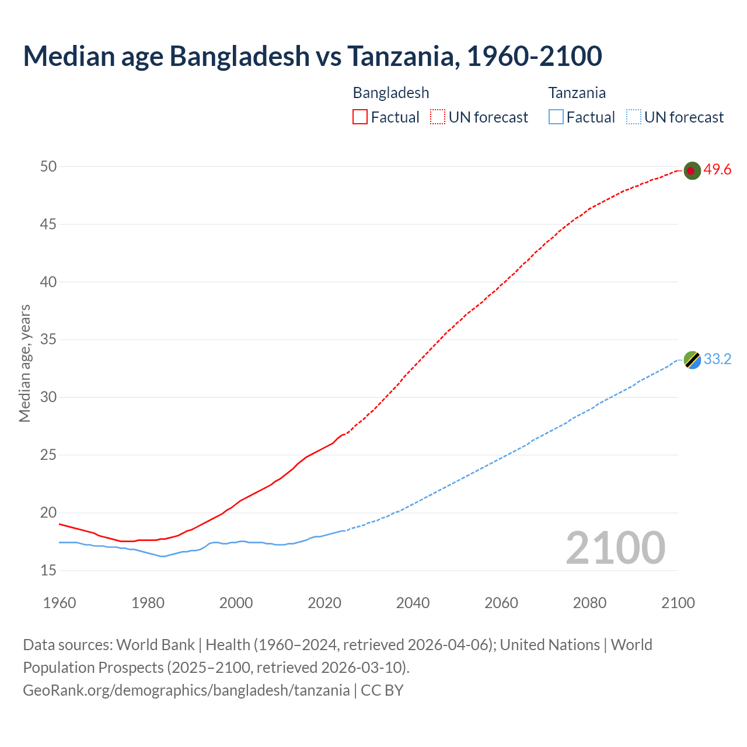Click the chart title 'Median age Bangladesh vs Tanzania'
tap(312, 56)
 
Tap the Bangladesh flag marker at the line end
tap(692, 170)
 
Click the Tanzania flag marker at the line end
tap(692, 360)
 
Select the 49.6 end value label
tap(717, 170)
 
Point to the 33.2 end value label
tap(717, 359)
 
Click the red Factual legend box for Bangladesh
tap(360, 117)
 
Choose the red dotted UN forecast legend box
tap(438, 117)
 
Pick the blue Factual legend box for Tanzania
tap(556, 117)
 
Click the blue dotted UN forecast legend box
tap(634, 117)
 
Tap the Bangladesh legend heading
tap(391, 93)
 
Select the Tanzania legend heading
tap(577, 93)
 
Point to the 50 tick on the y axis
tap(48, 167)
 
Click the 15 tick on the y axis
tap(48, 571)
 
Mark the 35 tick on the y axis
tap(48, 340)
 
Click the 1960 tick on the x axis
tap(60, 603)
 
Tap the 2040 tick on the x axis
tap(413, 603)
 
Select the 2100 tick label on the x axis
tap(678, 603)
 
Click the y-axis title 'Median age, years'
tap(25, 363)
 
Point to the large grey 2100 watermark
tap(615, 547)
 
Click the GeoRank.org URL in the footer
tap(186, 690)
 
